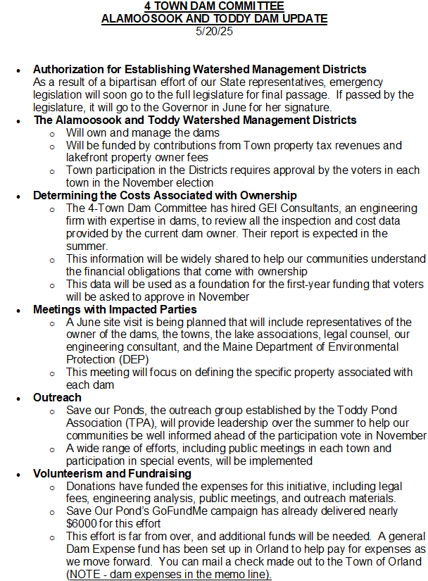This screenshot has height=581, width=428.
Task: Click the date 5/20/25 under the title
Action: pos(214,30)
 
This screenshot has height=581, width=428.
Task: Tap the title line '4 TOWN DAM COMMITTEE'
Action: pos(214,7)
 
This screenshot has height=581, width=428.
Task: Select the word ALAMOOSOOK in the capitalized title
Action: pos(138,19)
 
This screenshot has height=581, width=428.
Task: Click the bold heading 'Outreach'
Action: pos(57,398)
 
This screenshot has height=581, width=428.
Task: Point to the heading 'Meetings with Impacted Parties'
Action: pos(114,309)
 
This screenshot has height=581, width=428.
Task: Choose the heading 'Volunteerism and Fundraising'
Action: pos(112,474)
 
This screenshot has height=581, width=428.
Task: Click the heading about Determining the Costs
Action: pos(165,195)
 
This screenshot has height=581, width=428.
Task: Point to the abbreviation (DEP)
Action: pos(134,359)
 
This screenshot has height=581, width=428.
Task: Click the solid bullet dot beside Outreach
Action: pos(20,399)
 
